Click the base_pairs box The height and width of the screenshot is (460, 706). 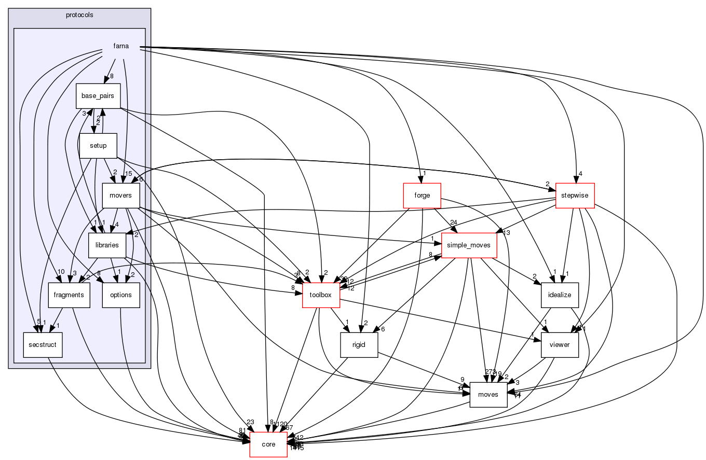coord(98,96)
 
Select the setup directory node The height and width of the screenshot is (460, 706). coord(98,146)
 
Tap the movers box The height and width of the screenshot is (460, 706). coord(121,196)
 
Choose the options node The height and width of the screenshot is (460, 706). coord(121,295)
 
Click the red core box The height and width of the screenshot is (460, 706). coord(268,444)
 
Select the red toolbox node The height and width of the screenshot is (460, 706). coord(321,295)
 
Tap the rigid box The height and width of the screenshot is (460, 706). coord(359,345)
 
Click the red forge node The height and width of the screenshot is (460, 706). coord(422,196)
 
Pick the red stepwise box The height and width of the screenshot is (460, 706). coord(575,196)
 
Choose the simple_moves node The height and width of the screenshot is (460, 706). coord(469,245)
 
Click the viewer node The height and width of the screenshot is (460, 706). coord(559,345)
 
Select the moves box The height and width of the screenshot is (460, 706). coord(488,395)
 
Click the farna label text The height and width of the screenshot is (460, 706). coord(121,46)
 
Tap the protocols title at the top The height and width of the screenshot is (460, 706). coord(79,15)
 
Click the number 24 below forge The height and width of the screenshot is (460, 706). coord(453,222)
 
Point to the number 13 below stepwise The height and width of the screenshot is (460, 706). coord(507,233)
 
